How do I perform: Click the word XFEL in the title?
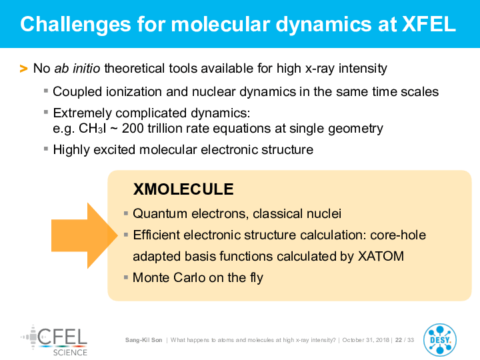pyautogui.click(x=429, y=24)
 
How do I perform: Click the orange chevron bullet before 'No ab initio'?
pyautogui.click(x=23, y=69)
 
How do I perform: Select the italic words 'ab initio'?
pyautogui.click(x=77, y=68)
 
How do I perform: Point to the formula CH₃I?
pyautogui.click(x=93, y=129)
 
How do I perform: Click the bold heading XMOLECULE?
pyautogui.click(x=183, y=189)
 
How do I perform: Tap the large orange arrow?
pyautogui.click(x=85, y=235)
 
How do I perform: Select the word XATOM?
pyautogui.click(x=381, y=256)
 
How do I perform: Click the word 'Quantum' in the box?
pyautogui.click(x=160, y=214)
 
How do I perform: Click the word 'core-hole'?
pyautogui.click(x=398, y=235)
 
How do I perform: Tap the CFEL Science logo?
pyautogui.click(x=55, y=341)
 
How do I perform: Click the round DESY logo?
pyautogui.click(x=440, y=340)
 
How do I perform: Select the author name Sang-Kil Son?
pyautogui.click(x=143, y=340)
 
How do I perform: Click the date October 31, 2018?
pyautogui.click(x=366, y=340)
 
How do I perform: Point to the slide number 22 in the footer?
pyautogui.click(x=399, y=340)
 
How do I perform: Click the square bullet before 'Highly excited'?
pyautogui.click(x=46, y=149)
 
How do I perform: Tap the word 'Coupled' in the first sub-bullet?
pyautogui.click(x=77, y=92)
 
